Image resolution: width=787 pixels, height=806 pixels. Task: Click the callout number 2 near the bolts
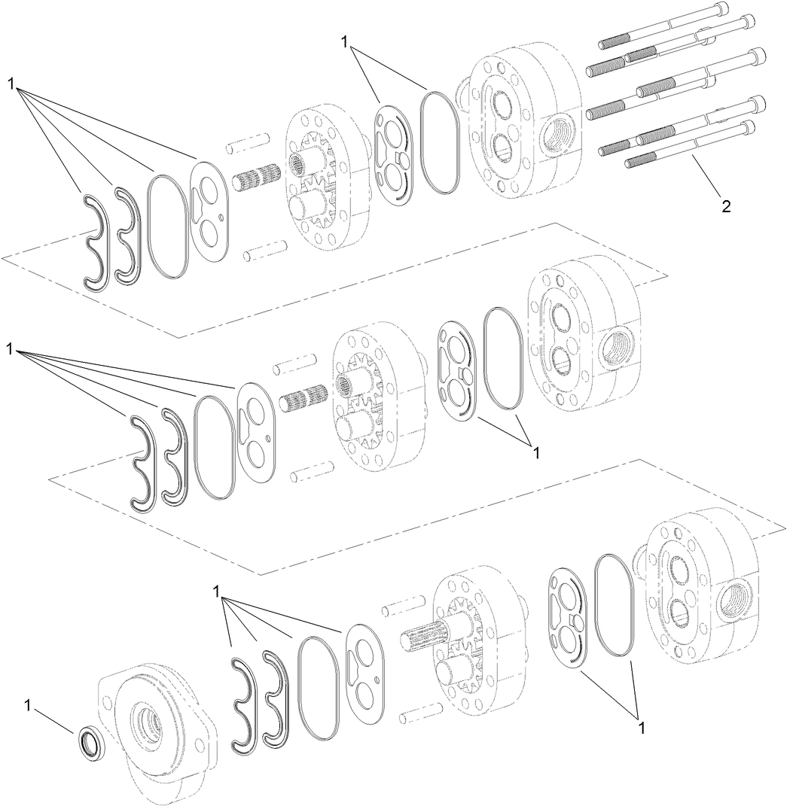(x=726, y=206)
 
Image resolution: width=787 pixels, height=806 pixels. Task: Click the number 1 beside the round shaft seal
(x=28, y=705)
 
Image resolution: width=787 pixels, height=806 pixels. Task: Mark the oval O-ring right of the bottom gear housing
(x=616, y=604)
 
